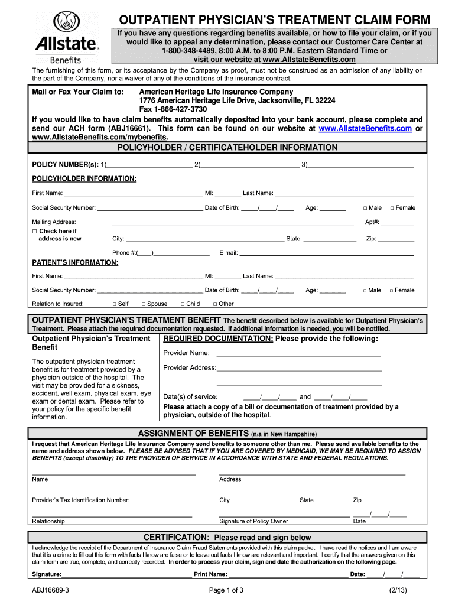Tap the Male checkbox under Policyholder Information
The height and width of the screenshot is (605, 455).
click(365, 208)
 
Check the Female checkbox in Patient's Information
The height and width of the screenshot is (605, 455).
click(391, 290)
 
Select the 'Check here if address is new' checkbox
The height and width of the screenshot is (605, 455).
click(35, 231)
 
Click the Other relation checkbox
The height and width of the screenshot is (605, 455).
click(215, 304)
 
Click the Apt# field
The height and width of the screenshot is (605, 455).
click(397, 223)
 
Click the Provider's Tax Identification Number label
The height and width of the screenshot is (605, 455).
click(81, 500)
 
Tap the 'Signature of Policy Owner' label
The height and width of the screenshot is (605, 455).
click(253, 521)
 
